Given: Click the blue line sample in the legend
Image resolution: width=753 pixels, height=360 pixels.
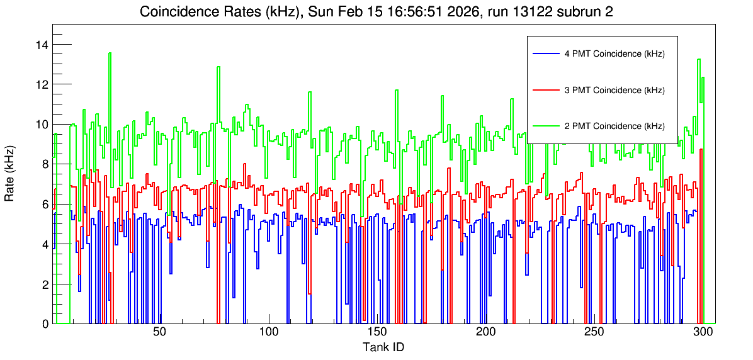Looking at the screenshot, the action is [x=545, y=53].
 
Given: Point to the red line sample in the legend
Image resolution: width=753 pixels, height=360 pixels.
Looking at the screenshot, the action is [x=545, y=90].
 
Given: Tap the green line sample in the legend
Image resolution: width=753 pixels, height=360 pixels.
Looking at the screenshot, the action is [x=545, y=126].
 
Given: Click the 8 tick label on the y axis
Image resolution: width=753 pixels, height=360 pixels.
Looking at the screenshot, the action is [x=45, y=164].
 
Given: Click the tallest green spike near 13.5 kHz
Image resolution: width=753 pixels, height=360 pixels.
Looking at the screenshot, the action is [x=110, y=53].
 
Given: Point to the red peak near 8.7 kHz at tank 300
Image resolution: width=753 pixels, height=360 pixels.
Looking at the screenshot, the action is [x=701, y=150].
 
